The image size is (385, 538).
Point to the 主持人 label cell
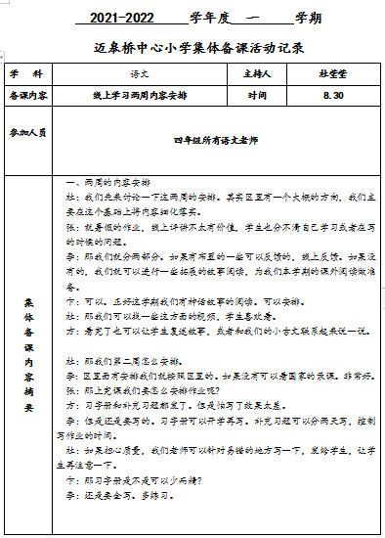(x=268, y=73)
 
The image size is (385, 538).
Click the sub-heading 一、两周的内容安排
(x=107, y=183)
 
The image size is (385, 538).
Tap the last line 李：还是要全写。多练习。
(x=118, y=524)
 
